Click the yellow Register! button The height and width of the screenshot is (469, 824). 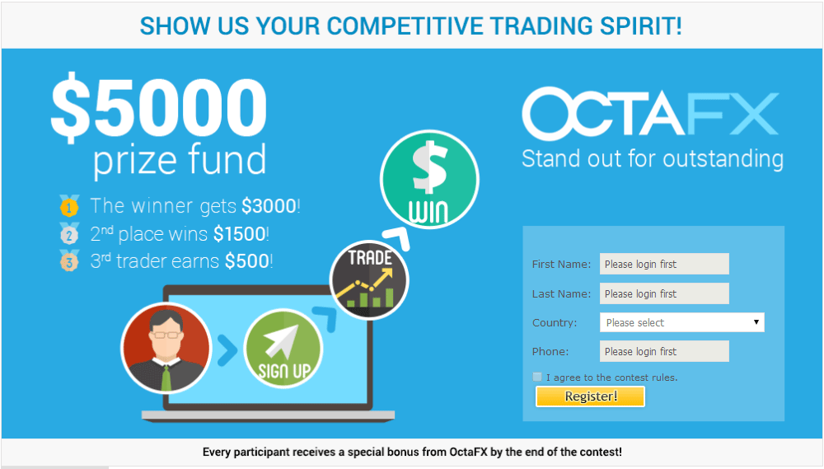590,396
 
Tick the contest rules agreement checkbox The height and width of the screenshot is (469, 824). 537,377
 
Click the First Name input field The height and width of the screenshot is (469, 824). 664,264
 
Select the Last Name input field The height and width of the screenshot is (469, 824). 664,293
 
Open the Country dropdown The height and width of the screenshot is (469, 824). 682,322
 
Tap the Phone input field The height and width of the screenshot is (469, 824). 664,351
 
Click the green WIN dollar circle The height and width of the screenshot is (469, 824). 429,180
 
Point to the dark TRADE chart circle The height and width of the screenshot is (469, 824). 369,280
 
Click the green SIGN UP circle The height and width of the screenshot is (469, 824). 283,349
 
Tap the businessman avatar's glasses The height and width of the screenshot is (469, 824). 166,335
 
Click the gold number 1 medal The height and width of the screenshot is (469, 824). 69,205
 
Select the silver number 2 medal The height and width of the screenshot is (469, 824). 69,233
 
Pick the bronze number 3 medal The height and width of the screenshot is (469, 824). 69,260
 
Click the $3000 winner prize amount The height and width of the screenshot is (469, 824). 269,205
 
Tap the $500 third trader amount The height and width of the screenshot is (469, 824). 247,261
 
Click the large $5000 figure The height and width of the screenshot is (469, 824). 159,108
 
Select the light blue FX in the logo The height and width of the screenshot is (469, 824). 732,114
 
